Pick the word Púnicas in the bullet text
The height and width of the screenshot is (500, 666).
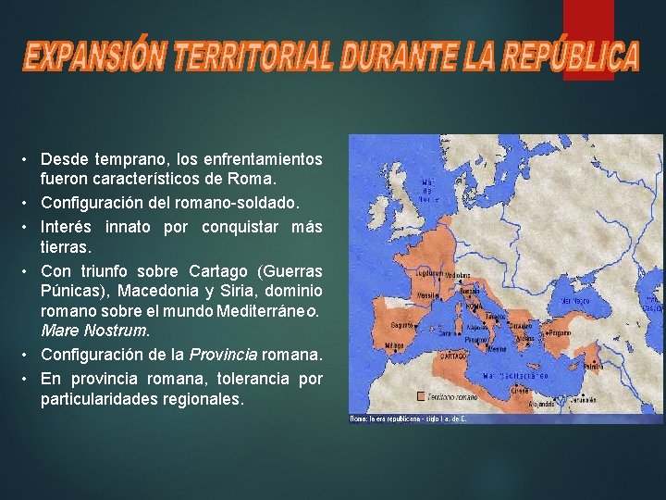point(68,292)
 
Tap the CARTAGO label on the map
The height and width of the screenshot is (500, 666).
point(454,354)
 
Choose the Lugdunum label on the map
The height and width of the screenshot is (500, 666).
point(428,274)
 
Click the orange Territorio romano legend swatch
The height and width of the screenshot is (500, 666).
point(422,395)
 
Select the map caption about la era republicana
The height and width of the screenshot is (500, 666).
point(407,419)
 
